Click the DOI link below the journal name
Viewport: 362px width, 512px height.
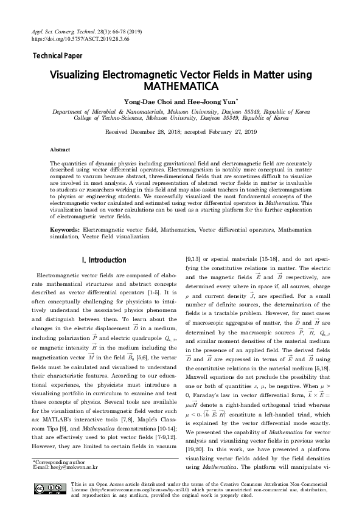74,37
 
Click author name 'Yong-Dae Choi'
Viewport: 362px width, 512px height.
148,103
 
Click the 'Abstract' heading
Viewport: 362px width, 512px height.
60,149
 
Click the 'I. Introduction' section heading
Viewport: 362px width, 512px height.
103,260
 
